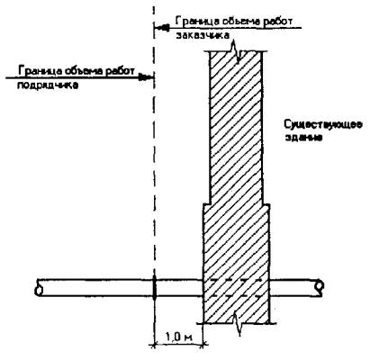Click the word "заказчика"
click(203, 35)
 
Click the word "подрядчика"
click(48, 85)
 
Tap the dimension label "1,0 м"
click(178, 337)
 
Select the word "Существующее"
click(323, 124)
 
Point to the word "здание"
click(303, 138)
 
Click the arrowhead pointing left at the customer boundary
click(162, 28)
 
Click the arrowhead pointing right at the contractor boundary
click(147, 77)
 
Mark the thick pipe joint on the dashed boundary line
click(154, 288)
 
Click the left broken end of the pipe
click(39, 288)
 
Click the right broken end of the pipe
click(320, 288)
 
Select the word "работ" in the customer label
click(276, 22)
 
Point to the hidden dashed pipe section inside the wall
click(237, 288)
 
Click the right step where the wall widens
click(266, 204)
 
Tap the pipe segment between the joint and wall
click(179, 288)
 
